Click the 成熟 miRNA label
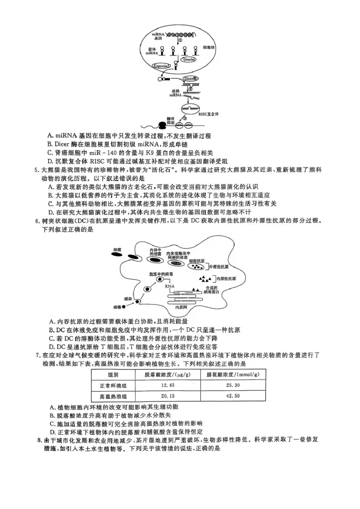(175, 93)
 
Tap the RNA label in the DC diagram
(169, 285)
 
